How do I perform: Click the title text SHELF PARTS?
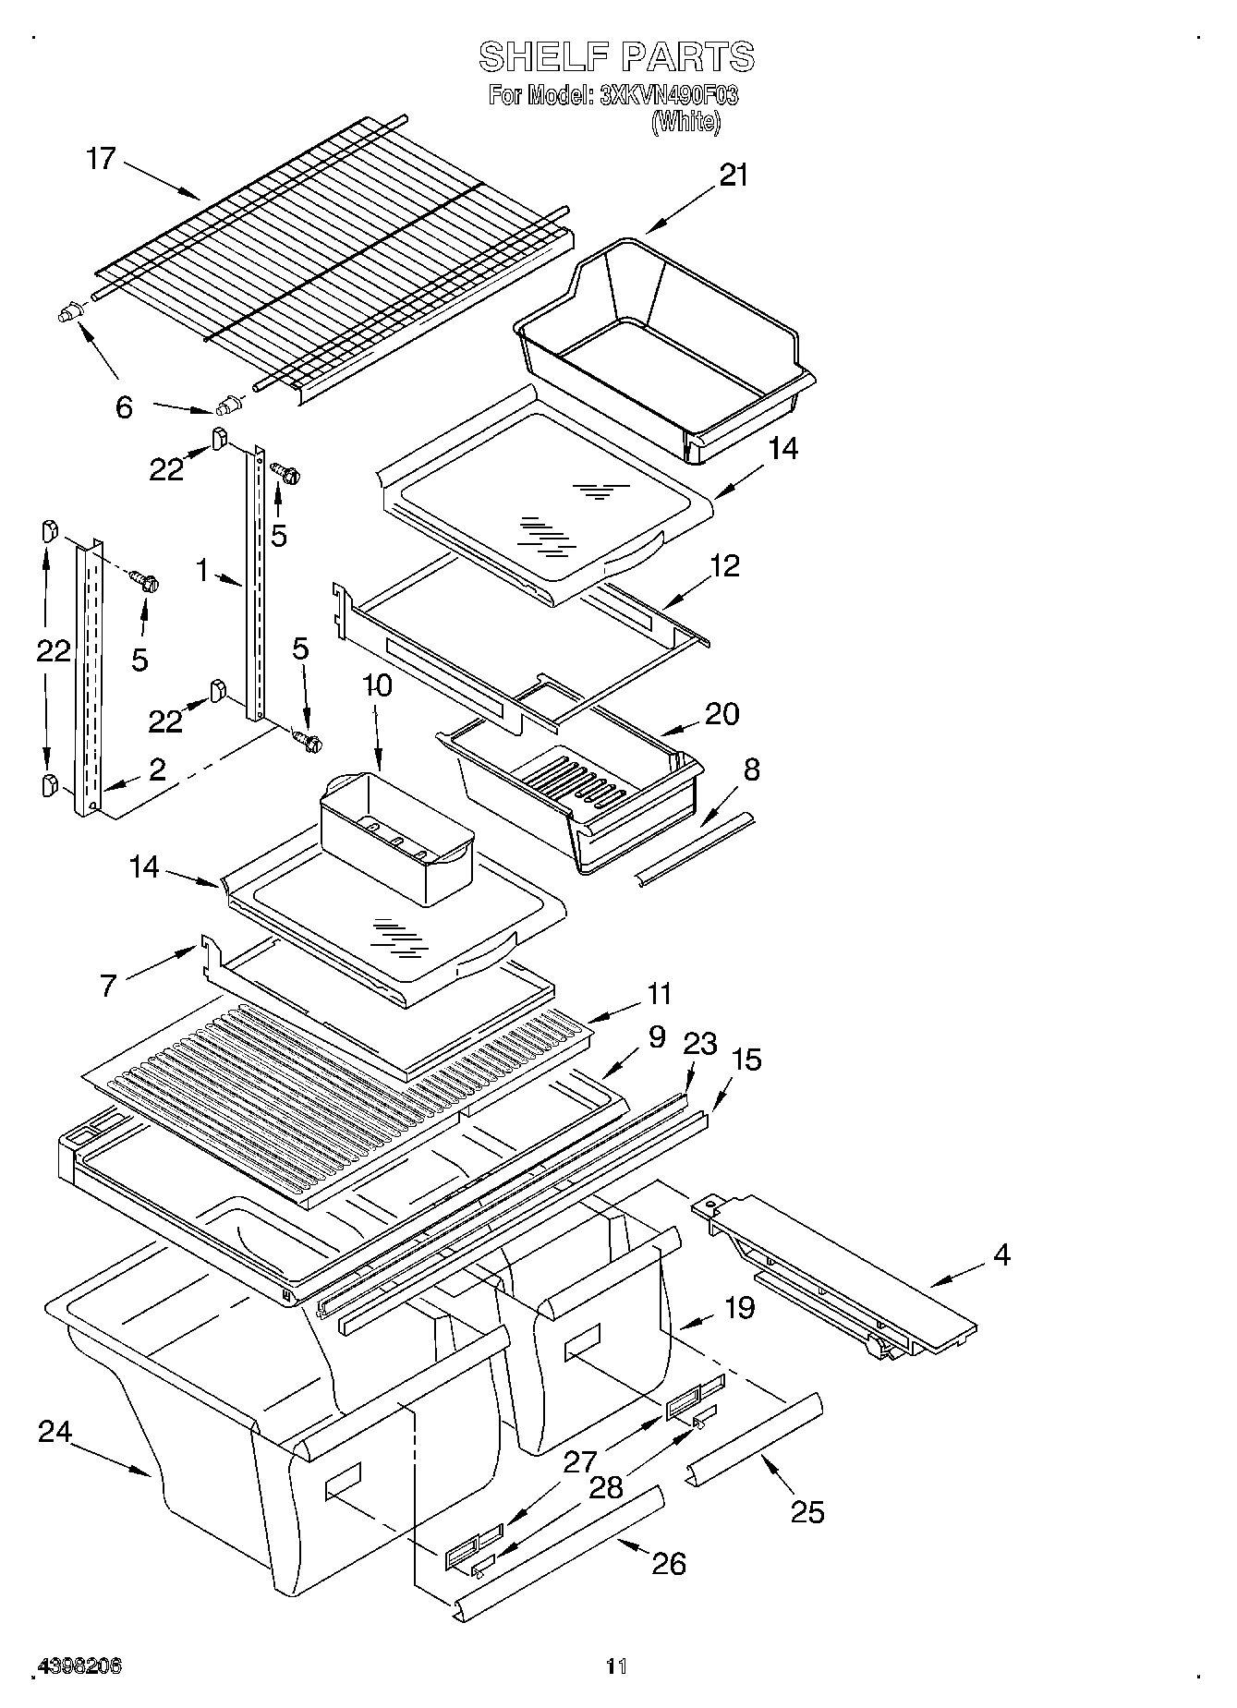coord(616,57)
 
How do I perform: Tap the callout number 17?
coord(101,159)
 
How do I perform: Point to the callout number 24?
coord(55,1432)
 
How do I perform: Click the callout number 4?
coord(1001,1254)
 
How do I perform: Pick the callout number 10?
coord(377,685)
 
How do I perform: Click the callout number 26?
coord(669,1563)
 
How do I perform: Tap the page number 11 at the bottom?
coord(616,1667)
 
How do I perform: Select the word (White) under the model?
coord(685,121)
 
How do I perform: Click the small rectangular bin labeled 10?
coord(395,836)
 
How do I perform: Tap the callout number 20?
coord(722,713)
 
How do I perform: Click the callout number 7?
coord(109,987)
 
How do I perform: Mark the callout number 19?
coord(739,1308)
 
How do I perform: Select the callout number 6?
coord(124,406)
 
